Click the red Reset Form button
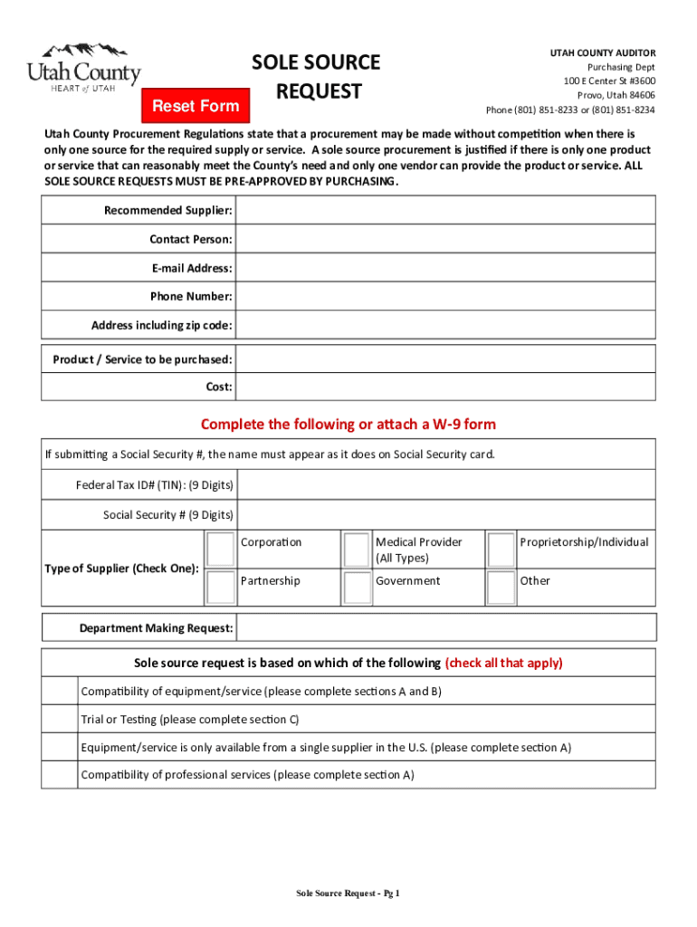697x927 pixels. click(x=196, y=106)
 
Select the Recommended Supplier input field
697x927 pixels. click(x=445, y=210)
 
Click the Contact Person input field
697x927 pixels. click(x=445, y=239)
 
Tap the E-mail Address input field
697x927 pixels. click(x=445, y=268)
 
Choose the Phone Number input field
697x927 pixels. click(x=445, y=296)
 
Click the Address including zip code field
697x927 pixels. click(x=445, y=325)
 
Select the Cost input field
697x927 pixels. click(x=445, y=387)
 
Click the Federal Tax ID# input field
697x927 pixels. click(x=445, y=485)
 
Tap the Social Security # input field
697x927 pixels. click(x=445, y=514)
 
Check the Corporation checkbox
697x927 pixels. click(x=220, y=549)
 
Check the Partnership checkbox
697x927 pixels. click(x=220, y=587)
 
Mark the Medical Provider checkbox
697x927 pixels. click(x=357, y=549)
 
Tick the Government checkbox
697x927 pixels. click(x=357, y=587)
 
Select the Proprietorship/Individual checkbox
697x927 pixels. click(x=501, y=549)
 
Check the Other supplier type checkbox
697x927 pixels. click(x=501, y=587)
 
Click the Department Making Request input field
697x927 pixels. click(x=445, y=627)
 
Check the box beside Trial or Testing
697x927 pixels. click(x=60, y=720)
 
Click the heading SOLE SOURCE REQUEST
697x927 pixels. click(x=316, y=77)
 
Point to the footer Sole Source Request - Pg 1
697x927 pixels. click(x=348, y=894)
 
